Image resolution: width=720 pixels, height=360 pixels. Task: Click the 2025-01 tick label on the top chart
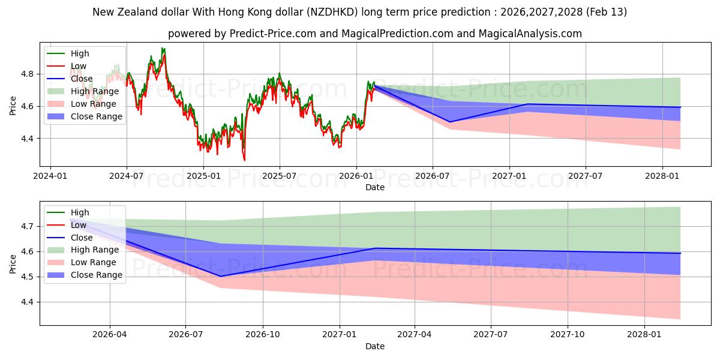(203, 176)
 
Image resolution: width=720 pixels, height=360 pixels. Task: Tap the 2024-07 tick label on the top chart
(127, 176)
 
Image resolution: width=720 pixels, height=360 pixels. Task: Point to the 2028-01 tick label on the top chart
(662, 176)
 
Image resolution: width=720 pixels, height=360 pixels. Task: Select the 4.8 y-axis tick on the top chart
(27, 74)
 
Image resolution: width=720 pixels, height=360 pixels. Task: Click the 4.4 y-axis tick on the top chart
(27, 139)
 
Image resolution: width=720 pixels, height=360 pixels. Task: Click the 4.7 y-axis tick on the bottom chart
(27, 227)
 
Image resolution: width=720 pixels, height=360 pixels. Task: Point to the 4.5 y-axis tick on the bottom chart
(27, 277)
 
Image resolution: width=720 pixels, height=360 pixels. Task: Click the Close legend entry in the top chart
(82, 79)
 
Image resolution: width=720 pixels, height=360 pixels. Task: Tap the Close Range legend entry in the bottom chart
(97, 275)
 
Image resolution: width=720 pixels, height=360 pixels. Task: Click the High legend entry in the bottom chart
(80, 212)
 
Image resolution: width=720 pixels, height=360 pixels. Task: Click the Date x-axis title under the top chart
(374, 187)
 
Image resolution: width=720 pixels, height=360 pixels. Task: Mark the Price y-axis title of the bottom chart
(13, 263)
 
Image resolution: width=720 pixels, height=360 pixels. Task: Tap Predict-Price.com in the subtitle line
(273, 34)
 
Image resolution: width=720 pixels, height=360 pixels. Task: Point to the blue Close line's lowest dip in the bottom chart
(221, 277)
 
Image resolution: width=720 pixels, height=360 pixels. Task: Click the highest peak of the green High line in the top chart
(162, 48)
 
